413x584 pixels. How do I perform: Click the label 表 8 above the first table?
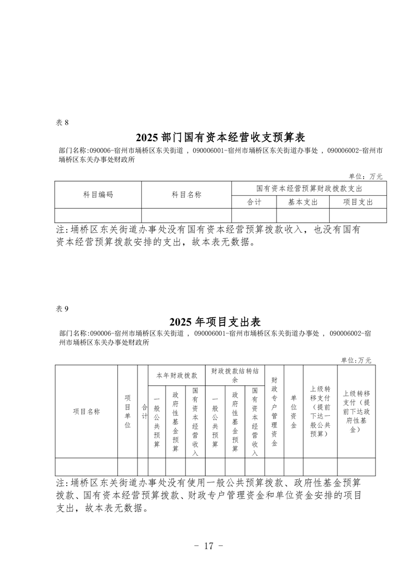point(62,123)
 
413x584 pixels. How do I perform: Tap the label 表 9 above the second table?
point(62,309)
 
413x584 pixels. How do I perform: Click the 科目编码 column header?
point(98,195)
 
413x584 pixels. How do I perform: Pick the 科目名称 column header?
point(186,195)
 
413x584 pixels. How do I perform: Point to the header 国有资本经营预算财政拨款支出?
point(309,188)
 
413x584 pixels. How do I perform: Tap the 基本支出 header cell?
point(303,202)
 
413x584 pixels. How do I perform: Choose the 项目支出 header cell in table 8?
point(358,202)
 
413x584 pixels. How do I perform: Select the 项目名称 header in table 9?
point(86,411)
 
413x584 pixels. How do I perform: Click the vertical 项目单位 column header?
point(128,411)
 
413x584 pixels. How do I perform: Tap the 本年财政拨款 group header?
point(177,375)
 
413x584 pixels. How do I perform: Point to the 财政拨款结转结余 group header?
point(235,375)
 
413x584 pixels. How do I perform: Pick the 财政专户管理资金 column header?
point(274,411)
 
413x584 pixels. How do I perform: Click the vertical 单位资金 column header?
point(293,411)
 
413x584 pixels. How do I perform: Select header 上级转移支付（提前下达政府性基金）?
point(356,411)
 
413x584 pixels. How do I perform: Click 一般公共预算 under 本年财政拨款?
point(157,422)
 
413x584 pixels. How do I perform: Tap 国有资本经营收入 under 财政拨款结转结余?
point(255,422)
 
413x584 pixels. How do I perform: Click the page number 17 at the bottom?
point(208,546)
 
